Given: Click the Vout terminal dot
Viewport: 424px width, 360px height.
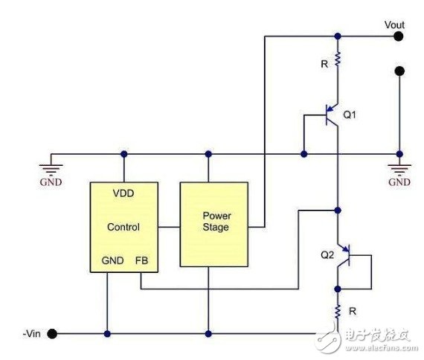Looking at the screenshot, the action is pyautogui.click(x=398, y=36).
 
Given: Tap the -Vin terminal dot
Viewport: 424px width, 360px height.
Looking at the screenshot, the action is pyautogui.click(x=52, y=333).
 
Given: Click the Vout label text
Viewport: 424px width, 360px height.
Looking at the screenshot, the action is pyautogui.click(x=394, y=25).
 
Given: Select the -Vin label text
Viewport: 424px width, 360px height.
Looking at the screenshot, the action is pyautogui.click(x=32, y=333).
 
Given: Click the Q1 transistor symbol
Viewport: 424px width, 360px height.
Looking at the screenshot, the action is pyautogui.click(x=332, y=115).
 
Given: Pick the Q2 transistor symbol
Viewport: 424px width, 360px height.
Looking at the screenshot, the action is pyautogui.click(x=344, y=255).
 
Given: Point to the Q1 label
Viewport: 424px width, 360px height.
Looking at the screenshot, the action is pyautogui.click(x=350, y=115).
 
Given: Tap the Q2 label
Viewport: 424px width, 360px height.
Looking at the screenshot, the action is pyautogui.click(x=327, y=255).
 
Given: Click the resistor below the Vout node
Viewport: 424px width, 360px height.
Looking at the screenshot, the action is pyautogui.click(x=338, y=60).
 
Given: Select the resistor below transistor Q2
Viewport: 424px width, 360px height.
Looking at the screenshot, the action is pyautogui.click(x=338, y=312).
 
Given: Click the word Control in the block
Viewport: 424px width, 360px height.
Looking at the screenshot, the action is pyautogui.click(x=123, y=227).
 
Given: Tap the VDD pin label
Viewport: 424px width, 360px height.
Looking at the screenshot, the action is pyautogui.click(x=123, y=193).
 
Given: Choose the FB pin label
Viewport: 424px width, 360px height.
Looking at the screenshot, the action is pyautogui.click(x=141, y=260).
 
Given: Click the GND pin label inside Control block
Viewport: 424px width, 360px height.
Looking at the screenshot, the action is pyautogui.click(x=113, y=260).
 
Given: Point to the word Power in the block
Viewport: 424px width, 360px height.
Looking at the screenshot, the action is pyautogui.click(x=217, y=216).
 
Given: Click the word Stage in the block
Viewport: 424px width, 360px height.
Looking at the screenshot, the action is pyautogui.click(x=216, y=227).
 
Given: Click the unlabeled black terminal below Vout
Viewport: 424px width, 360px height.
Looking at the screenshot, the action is pyautogui.click(x=399, y=71).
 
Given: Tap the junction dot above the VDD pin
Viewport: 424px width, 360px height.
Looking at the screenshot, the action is pyautogui.click(x=123, y=154).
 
